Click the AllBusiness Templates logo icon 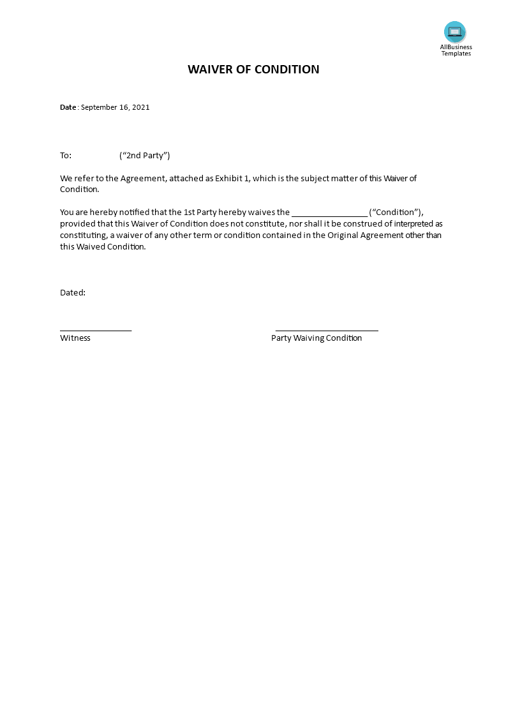point(455,32)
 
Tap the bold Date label point(68,107)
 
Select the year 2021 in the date point(141,107)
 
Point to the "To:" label point(66,156)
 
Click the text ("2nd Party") point(145,156)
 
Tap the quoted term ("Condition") point(396,213)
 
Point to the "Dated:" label point(73,293)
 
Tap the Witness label point(75,338)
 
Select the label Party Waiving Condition point(316,338)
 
